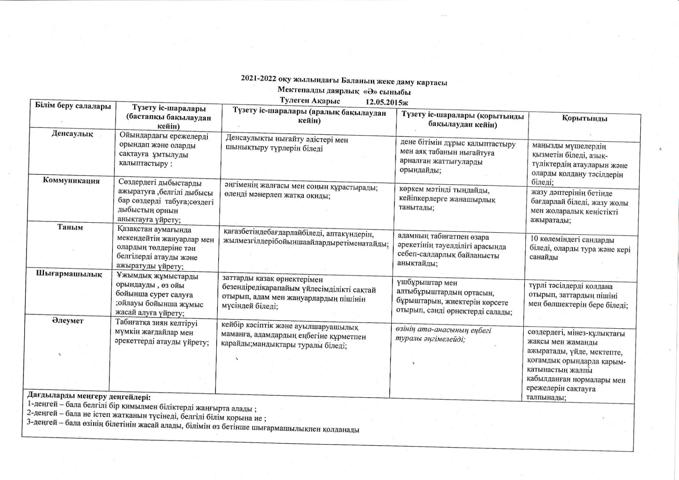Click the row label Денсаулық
[72, 134]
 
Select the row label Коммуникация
[71, 181]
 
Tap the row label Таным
[70, 227]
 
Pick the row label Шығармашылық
[69, 274]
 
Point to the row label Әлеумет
[68, 321]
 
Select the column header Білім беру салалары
[73, 106]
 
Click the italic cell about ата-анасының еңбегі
[443, 335]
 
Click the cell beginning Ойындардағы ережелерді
[164, 150]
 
